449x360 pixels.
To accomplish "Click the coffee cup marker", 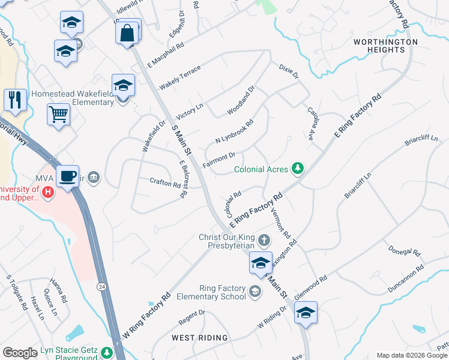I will tap(68, 176).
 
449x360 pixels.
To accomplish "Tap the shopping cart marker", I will tap(58, 113).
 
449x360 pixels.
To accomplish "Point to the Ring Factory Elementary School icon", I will tap(255, 292).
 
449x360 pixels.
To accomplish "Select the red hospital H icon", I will tap(49, 193).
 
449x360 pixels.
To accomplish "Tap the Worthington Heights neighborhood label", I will tap(385, 46).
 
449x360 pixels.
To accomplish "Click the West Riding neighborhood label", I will tap(200, 338).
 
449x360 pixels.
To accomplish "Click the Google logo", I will tap(20, 353).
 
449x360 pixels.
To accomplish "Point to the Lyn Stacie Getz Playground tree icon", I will tap(107, 352).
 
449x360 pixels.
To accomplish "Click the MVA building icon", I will tap(94, 177).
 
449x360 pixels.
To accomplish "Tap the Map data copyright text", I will tap(412, 355).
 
